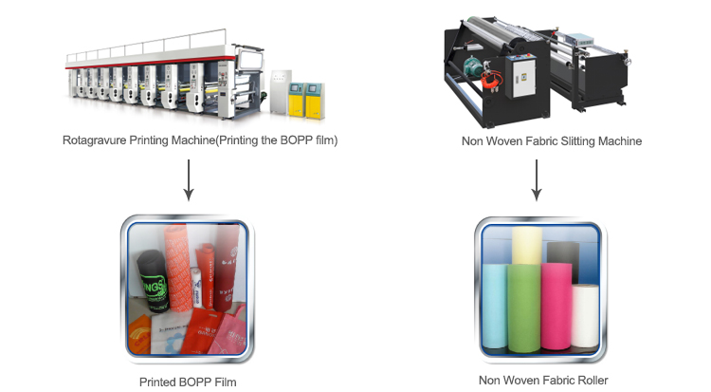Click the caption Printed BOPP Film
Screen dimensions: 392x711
pyautogui.click(x=189, y=382)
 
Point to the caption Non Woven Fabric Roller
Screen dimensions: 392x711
pyautogui.click(x=536, y=382)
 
